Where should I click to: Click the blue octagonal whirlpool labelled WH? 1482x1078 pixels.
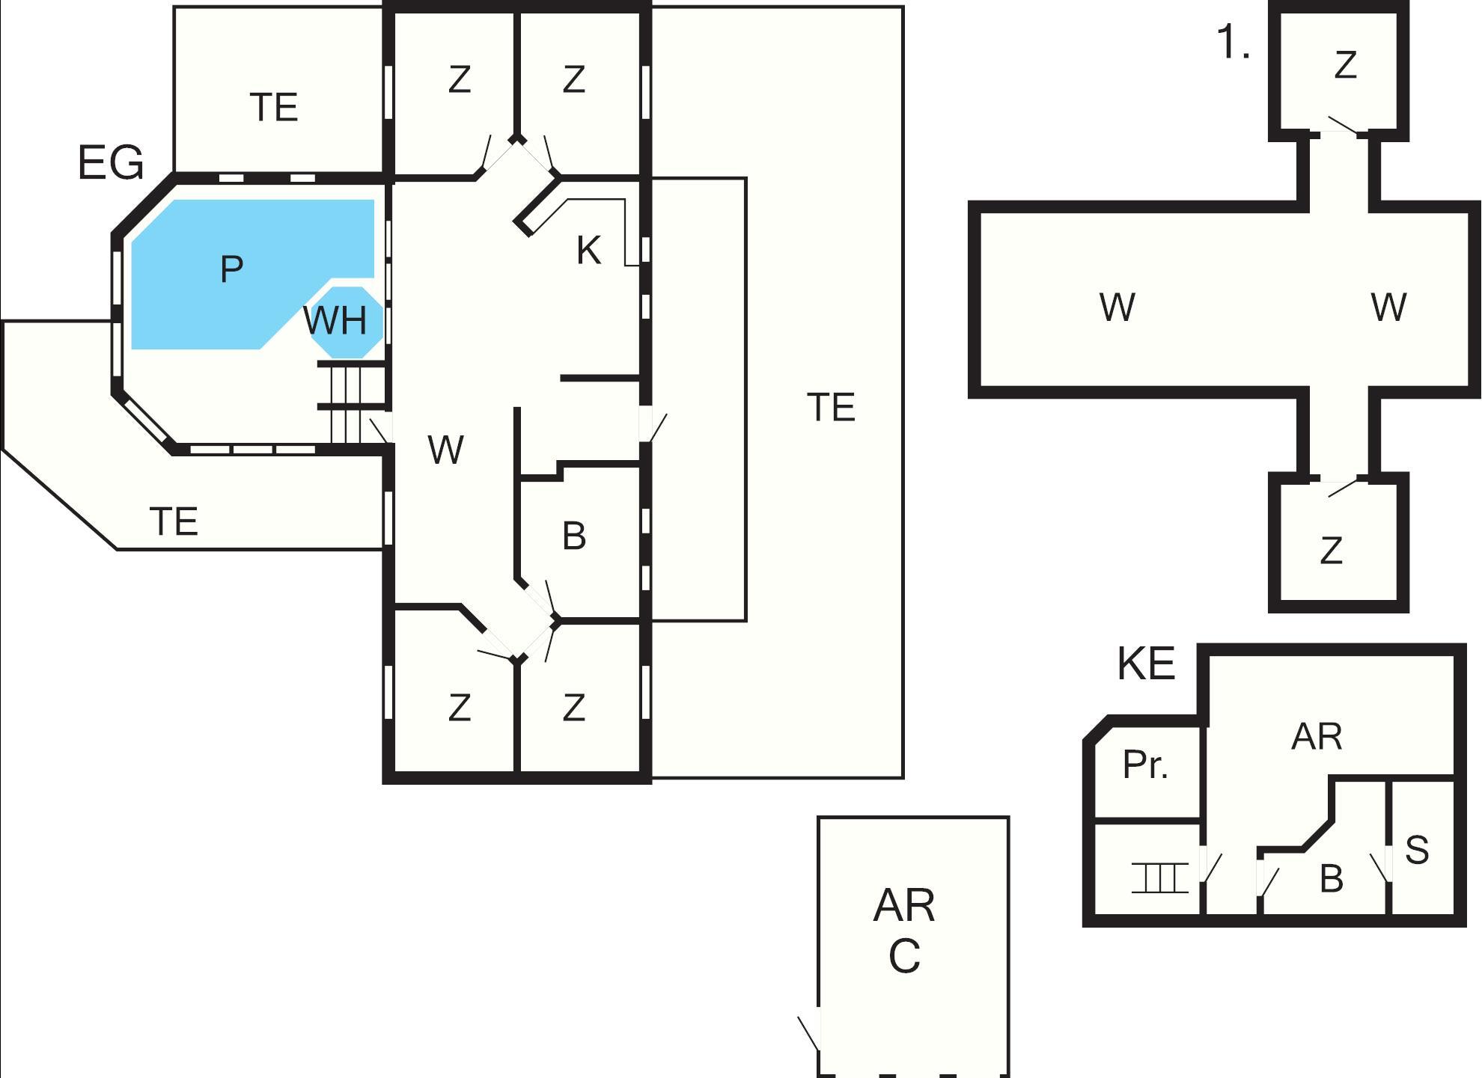coord(346,322)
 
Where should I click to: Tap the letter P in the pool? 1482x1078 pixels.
coord(232,269)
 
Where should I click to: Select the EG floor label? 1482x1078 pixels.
coord(111,163)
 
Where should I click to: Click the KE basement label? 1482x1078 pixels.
coord(1146,663)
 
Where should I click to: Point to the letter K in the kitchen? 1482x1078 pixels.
coord(588,251)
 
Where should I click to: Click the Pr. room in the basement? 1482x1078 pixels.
coord(1145,765)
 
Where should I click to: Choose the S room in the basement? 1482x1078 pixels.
coord(1417,850)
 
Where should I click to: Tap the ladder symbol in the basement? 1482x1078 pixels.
coord(1159,878)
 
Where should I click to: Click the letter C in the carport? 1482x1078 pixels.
coord(904,956)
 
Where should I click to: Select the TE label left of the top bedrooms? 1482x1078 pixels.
coord(274,108)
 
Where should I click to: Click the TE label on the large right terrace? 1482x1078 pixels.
coord(831,408)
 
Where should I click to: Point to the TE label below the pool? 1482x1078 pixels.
coord(174,521)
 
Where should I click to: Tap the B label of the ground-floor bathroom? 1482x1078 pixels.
coord(574,536)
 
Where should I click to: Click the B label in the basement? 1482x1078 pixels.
coord(1331,879)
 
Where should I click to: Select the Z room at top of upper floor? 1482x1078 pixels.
coord(1345,65)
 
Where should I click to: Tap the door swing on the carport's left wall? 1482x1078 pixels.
coord(809,1033)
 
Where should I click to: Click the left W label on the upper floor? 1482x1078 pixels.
coord(1117,307)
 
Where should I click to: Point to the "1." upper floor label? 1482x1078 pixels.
coord(1234,43)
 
